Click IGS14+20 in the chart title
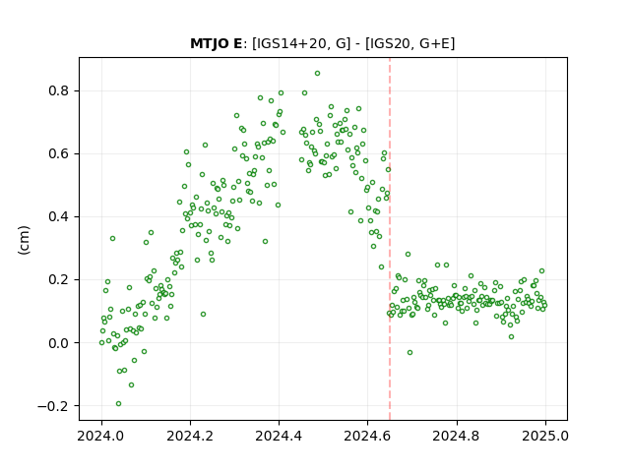click(x=288, y=43)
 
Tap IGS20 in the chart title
click(x=390, y=43)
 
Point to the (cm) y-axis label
click(x=24, y=240)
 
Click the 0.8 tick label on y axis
click(x=59, y=90)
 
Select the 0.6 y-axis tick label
click(x=59, y=153)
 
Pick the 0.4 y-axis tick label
click(x=59, y=216)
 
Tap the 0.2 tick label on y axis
click(x=59, y=279)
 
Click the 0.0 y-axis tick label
click(x=59, y=343)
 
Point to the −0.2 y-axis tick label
click(x=53, y=406)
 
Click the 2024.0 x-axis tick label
click(x=101, y=436)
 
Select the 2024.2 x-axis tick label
click(x=190, y=436)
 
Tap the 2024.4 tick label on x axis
click(x=279, y=436)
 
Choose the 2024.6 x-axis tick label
click(x=367, y=436)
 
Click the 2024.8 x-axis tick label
click(x=457, y=436)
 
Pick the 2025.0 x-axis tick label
click(x=545, y=436)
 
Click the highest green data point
click(x=317, y=74)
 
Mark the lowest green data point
click(x=118, y=404)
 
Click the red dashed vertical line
click(x=390, y=239)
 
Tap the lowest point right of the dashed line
click(x=409, y=352)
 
